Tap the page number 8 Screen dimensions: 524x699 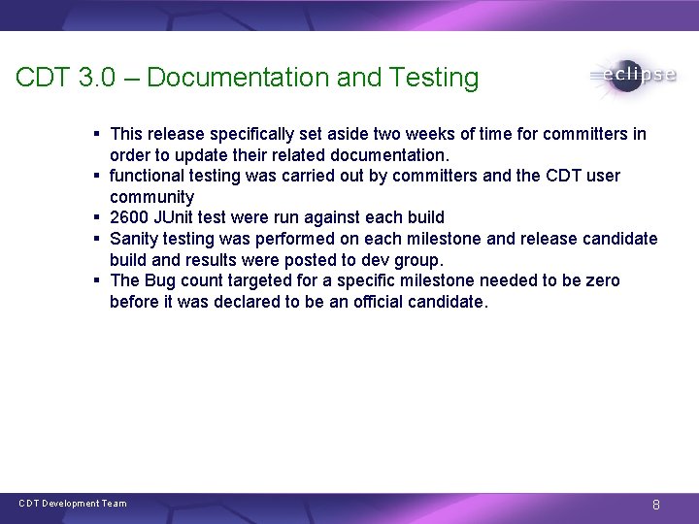[x=656, y=505]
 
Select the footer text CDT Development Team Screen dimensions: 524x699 [x=73, y=504]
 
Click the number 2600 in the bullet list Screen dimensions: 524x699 [x=129, y=217]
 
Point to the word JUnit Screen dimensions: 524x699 [x=180, y=217]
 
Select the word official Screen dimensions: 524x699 [x=387, y=302]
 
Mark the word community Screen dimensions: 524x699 [x=151, y=197]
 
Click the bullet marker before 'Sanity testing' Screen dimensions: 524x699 [x=99, y=239]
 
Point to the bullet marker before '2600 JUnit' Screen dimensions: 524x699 [x=99, y=217]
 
